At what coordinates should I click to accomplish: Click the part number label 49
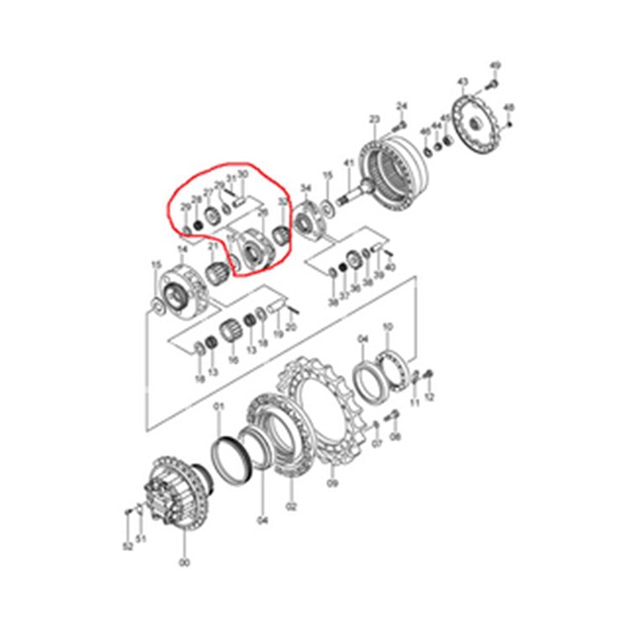[x=495, y=66]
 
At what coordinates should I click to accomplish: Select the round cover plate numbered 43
[x=480, y=125]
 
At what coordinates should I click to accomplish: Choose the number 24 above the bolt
[x=402, y=106]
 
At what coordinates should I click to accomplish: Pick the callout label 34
[x=306, y=188]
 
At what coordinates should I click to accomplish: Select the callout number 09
[x=332, y=484]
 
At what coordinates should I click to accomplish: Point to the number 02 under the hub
[x=291, y=506]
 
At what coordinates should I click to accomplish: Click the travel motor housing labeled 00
[x=176, y=496]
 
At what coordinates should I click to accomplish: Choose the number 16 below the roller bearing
[x=234, y=359]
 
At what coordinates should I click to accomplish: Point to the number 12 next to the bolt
[x=430, y=396]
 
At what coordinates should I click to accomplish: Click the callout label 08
[x=396, y=437]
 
